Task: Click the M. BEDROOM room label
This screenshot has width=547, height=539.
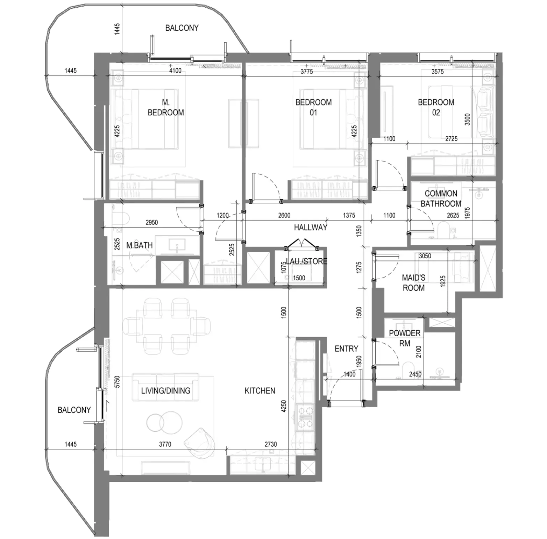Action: (x=166, y=107)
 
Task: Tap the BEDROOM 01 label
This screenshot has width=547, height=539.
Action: (x=313, y=107)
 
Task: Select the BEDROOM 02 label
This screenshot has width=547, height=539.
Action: (x=436, y=107)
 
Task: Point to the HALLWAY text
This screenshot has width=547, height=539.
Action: (x=311, y=228)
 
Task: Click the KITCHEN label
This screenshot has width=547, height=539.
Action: (x=260, y=391)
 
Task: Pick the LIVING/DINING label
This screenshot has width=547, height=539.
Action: (x=166, y=391)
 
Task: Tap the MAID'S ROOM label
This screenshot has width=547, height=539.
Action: (x=414, y=283)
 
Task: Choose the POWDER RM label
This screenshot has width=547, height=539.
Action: (x=405, y=338)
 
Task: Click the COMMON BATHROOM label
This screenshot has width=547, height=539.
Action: (x=441, y=199)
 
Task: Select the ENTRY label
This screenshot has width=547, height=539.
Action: (x=346, y=348)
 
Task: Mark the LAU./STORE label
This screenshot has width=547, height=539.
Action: (x=307, y=261)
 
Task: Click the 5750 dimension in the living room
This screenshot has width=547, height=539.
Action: (x=118, y=382)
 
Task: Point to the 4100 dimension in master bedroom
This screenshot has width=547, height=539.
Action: (x=175, y=71)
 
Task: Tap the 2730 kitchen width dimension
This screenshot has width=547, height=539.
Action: (x=271, y=444)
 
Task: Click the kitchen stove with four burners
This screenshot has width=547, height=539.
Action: (x=305, y=418)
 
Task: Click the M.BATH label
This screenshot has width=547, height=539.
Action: (x=140, y=245)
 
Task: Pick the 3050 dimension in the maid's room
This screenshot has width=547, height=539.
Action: (x=425, y=256)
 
